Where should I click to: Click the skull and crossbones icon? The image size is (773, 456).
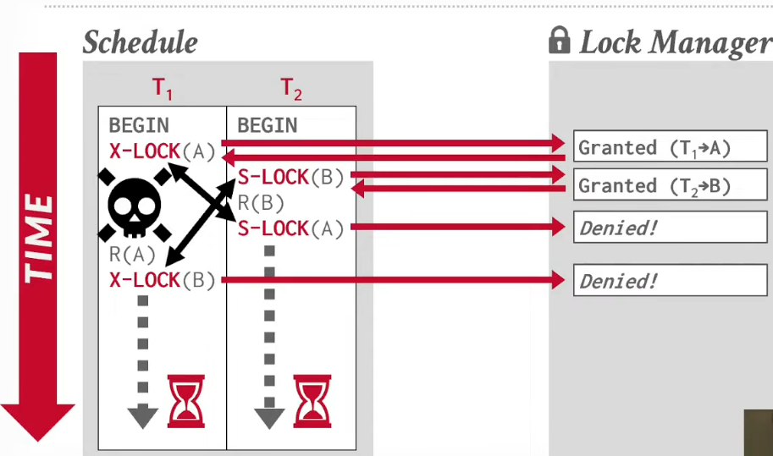pyautogui.click(x=135, y=205)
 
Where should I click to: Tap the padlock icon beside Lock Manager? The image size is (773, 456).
pyautogui.click(x=559, y=40)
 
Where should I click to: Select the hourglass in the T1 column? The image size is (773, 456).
pyautogui.click(x=186, y=401)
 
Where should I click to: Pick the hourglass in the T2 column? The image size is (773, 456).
pyautogui.click(x=312, y=401)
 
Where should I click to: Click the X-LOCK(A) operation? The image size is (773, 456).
pyautogui.click(x=163, y=151)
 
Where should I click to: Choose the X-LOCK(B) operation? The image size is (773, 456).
pyautogui.click(x=163, y=280)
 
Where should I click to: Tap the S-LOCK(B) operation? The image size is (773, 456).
pyautogui.click(x=290, y=178)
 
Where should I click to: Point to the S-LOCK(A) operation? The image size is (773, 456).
pyautogui.click(x=290, y=229)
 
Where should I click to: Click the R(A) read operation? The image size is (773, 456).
pyautogui.click(x=132, y=255)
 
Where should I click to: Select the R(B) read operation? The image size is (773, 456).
pyautogui.click(x=261, y=203)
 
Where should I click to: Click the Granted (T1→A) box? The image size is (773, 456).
pyautogui.click(x=671, y=146)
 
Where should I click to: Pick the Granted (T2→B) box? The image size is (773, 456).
pyautogui.click(x=671, y=184)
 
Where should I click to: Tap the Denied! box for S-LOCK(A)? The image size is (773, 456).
pyautogui.click(x=671, y=227)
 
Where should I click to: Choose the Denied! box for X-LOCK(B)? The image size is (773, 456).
pyautogui.click(x=671, y=280)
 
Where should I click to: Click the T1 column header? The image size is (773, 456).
pyautogui.click(x=163, y=89)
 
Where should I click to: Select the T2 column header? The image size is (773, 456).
pyautogui.click(x=291, y=89)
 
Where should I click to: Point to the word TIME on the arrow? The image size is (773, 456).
pyautogui.click(x=38, y=239)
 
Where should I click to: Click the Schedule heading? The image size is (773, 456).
pyautogui.click(x=141, y=41)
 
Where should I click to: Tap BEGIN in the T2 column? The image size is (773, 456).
pyautogui.click(x=268, y=125)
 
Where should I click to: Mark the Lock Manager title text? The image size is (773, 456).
pyautogui.click(x=676, y=43)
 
